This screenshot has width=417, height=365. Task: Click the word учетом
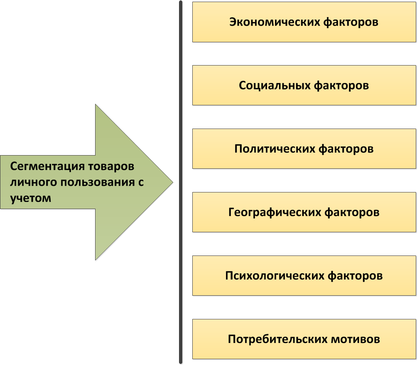pyautogui.click(x=30, y=198)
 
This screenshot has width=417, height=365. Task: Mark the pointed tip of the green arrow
pyautogui.click(x=172, y=182)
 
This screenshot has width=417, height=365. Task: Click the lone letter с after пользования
pyautogui.click(x=140, y=182)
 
